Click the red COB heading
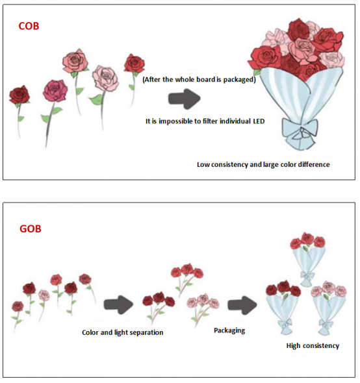(29, 26)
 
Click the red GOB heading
(31, 229)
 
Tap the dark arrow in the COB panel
(184, 99)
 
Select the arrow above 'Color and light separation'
(119, 304)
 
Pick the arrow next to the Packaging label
(242, 305)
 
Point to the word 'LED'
(259, 121)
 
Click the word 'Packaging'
(229, 330)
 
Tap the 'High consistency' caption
(313, 346)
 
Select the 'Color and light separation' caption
(123, 332)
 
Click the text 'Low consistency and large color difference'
(263, 165)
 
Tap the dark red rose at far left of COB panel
(19, 95)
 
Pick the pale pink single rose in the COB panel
(105, 78)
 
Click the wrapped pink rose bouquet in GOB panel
(328, 308)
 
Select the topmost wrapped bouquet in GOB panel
(307, 260)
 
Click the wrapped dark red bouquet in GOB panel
(283, 308)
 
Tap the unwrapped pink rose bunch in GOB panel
(203, 309)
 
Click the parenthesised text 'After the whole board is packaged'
(199, 80)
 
